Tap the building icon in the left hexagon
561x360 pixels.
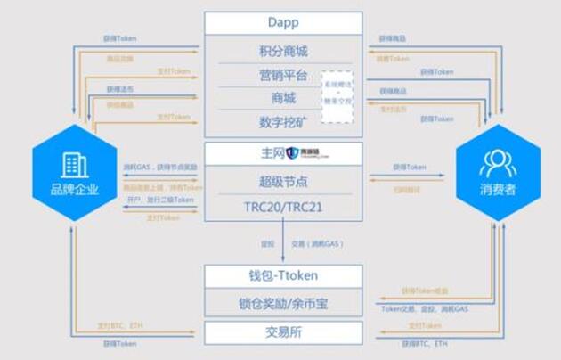click(75, 162)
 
